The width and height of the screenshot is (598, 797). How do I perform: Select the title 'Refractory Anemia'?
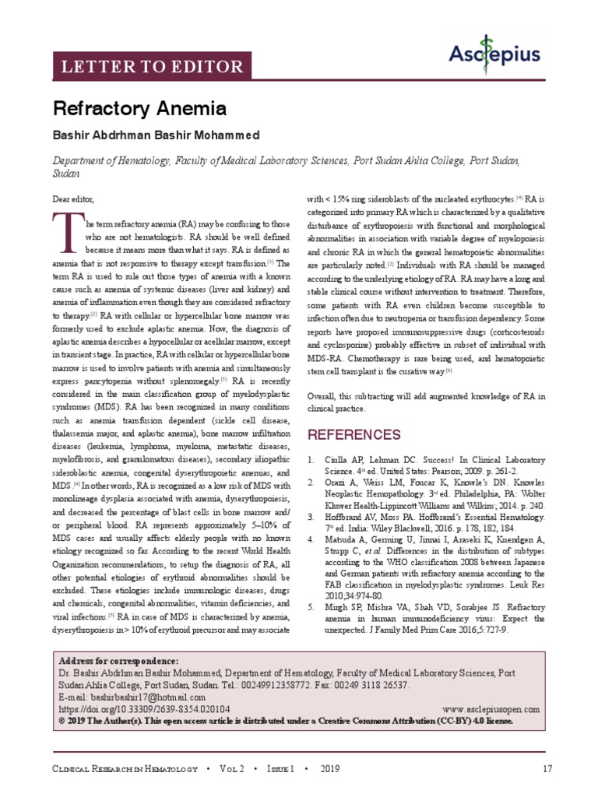pyautogui.click(x=139, y=108)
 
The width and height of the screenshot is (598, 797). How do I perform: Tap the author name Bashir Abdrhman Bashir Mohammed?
pyautogui.click(x=156, y=135)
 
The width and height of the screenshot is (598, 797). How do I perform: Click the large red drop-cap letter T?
pyautogui.click(x=67, y=233)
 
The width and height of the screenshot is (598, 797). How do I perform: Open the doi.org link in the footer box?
pyautogui.click(x=144, y=710)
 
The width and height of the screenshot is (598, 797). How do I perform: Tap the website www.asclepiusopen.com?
pyautogui.click(x=490, y=710)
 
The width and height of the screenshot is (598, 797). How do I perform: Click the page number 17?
pyautogui.click(x=547, y=769)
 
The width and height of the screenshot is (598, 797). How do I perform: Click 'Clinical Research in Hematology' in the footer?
pyautogui.click(x=125, y=769)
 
